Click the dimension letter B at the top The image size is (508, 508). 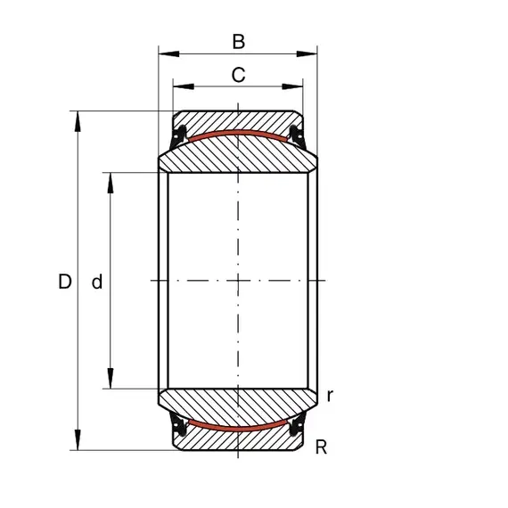[x=239, y=42]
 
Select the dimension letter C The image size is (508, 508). [x=239, y=75]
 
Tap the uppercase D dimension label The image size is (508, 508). [x=65, y=282]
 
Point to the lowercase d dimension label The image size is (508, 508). [x=97, y=282]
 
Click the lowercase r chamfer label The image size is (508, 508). [x=330, y=396]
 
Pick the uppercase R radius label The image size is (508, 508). [x=321, y=447]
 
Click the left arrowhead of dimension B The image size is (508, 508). [x=168, y=53]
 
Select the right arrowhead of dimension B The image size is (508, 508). [x=307, y=53]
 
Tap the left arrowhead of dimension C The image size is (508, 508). [x=184, y=86]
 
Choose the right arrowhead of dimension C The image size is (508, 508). [x=292, y=86]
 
